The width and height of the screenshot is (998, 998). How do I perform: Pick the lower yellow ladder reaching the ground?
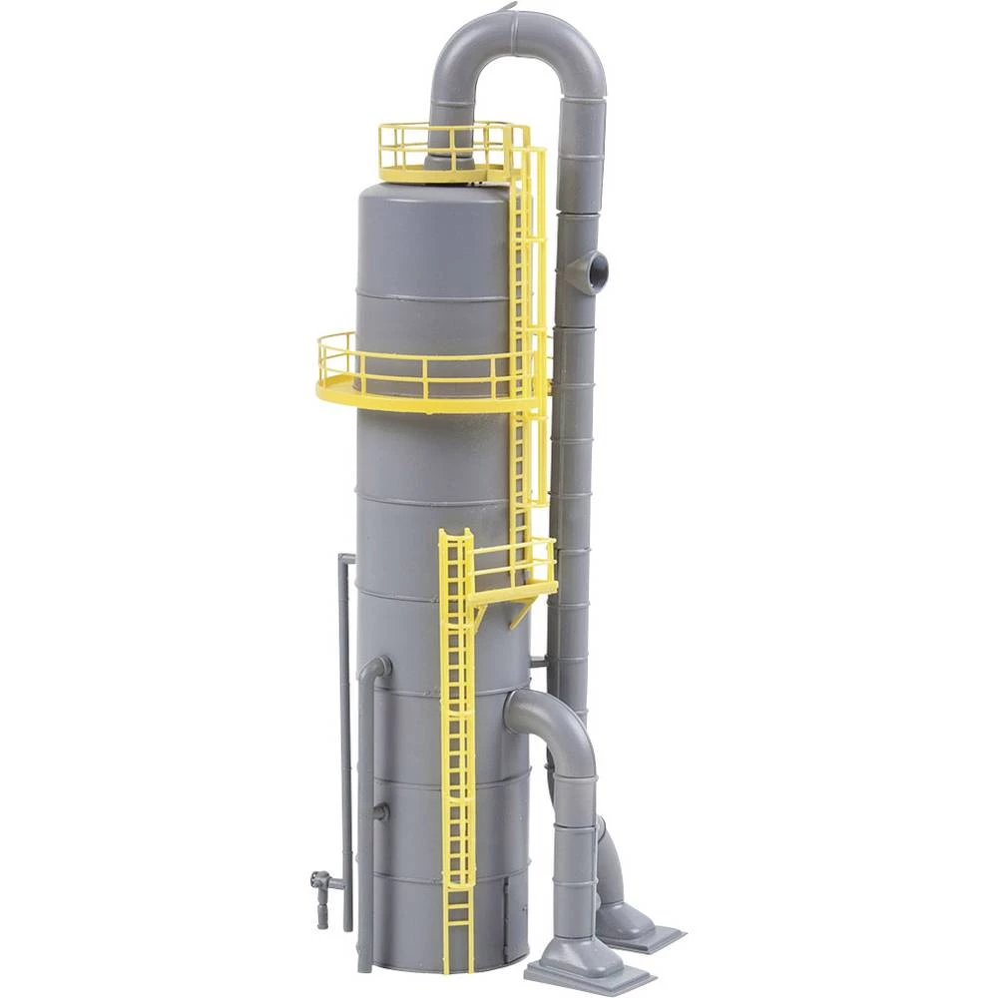tap(457, 748)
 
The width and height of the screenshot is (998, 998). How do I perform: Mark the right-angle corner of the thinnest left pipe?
tap(344, 558)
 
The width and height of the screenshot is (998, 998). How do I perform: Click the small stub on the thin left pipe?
tap(380, 812)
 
